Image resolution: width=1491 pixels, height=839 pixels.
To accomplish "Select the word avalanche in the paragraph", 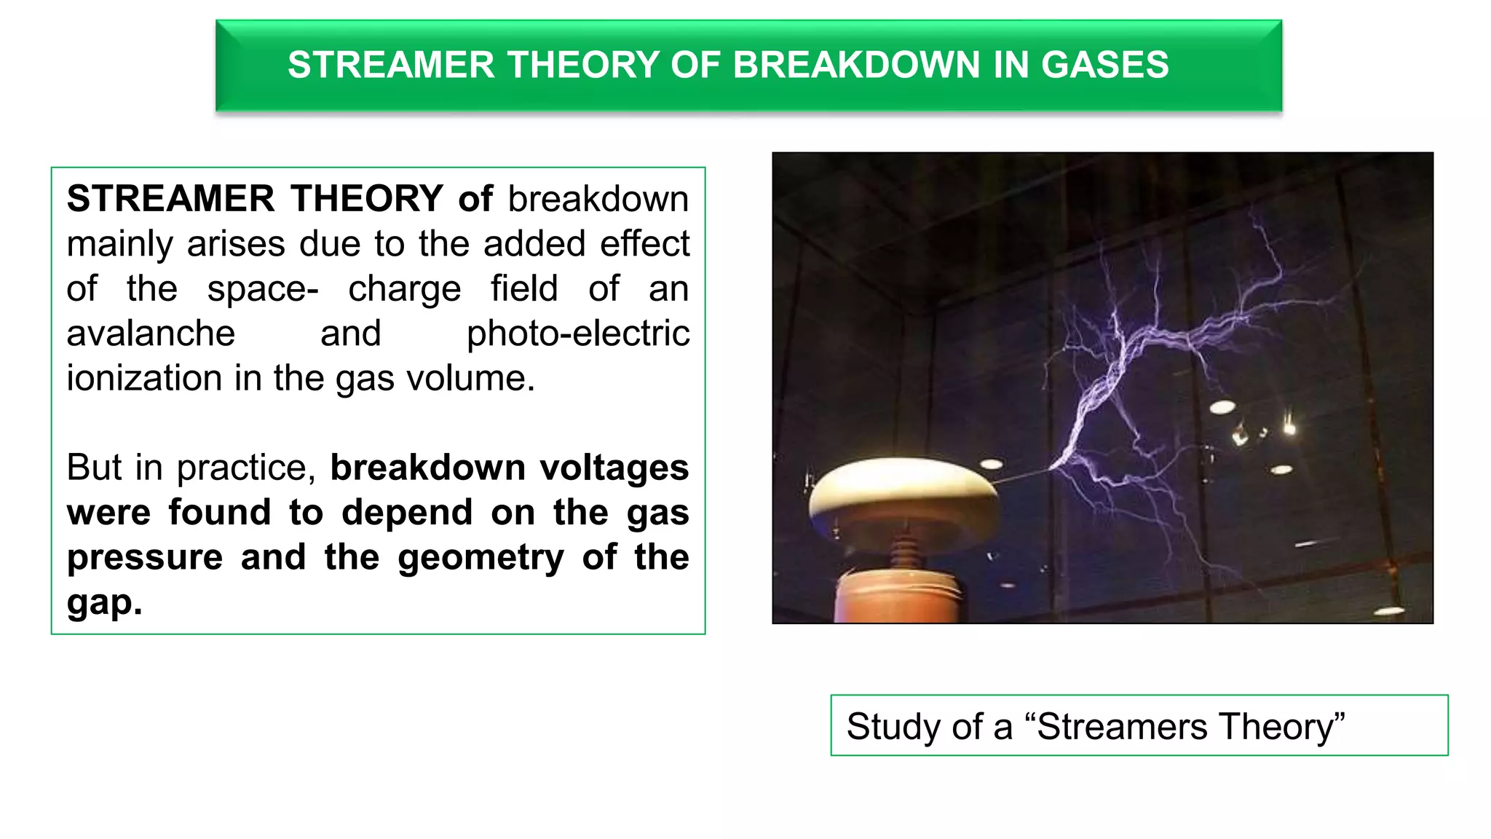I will (x=151, y=334).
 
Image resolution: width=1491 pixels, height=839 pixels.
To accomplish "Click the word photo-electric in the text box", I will (x=578, y=334).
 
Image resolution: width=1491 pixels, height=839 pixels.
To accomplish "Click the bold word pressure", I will (x=145, y=557).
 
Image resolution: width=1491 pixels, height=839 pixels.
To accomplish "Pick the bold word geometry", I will (x=480, y=557).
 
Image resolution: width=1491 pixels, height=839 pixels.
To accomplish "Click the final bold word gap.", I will (x=104, y=603).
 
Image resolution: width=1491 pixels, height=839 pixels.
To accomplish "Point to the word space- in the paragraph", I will (x=263, y=289).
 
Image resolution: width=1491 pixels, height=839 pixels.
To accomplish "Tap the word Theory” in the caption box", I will (x=1282, y=727).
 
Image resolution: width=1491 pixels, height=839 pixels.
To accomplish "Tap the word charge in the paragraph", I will (x=404, y=289).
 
